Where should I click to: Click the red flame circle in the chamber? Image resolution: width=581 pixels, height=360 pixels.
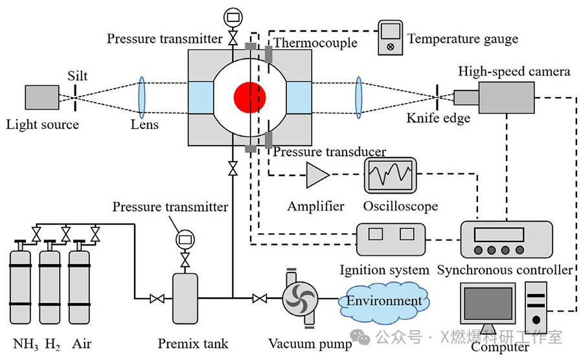coord(250,96)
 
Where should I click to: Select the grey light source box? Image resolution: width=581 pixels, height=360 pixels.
coord(41,98)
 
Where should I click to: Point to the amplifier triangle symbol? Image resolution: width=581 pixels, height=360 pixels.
coord(317,175)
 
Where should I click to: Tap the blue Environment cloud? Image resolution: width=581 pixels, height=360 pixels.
coord(384,300)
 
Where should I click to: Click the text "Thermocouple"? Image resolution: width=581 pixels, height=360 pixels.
coord(315,43)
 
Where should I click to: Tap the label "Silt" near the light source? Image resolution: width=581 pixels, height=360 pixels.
coord(77,76)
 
